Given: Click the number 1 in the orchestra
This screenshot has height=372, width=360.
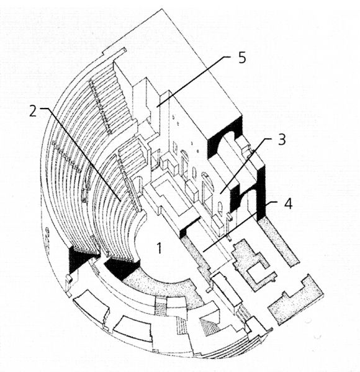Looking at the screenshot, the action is point(160,248).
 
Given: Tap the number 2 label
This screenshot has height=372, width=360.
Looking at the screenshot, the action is point(33,111).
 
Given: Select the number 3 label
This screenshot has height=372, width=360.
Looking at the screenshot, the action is point(282,139).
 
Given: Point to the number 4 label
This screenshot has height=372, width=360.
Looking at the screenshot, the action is point(288,203).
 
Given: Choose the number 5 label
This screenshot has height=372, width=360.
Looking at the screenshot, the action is point(241,58).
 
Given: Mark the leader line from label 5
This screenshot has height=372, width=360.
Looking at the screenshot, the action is point(193,82).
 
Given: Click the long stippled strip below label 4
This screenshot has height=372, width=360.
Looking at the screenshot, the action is point(278,242).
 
